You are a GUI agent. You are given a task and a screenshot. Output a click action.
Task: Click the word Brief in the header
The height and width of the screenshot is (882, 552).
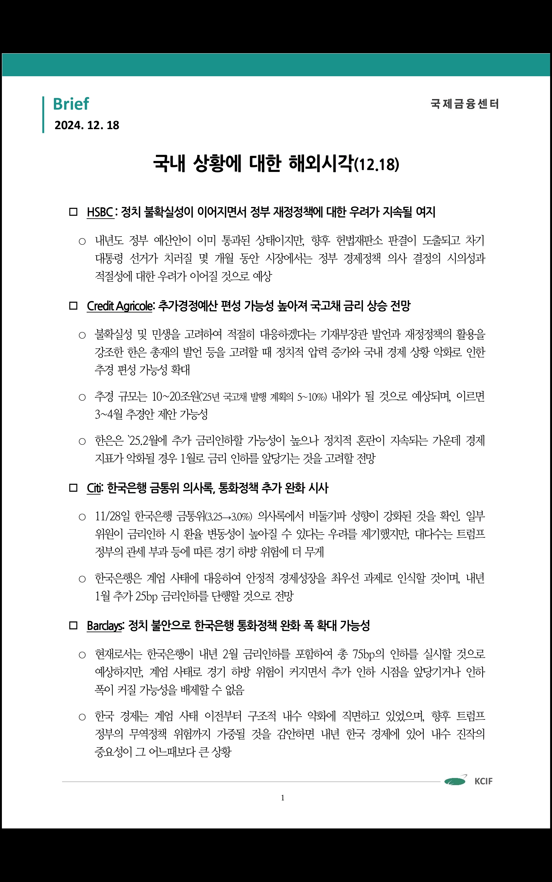click(x=71, y=104)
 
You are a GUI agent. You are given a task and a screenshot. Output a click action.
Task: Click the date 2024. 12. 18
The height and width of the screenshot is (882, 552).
click(x=87, y=125)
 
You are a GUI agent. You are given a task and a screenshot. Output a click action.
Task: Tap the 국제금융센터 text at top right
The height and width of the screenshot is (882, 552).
click(x=464, y=104)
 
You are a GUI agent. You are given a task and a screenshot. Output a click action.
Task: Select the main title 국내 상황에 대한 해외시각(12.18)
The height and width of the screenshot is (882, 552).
click(x=276, y=163)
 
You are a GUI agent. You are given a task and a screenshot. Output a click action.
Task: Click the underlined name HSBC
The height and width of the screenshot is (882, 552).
click(x=100, y=212)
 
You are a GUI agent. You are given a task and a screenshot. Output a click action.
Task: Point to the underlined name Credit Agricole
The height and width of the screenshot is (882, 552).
click(x=120, y=306)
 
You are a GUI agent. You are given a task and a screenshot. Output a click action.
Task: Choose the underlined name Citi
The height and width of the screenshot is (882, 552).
click(x=94, y=488)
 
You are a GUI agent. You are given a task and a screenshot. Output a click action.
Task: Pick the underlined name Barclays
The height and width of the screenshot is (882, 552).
click(x=104, y=626)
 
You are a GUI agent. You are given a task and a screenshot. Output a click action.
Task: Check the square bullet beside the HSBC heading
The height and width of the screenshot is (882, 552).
click(x=73, y=212)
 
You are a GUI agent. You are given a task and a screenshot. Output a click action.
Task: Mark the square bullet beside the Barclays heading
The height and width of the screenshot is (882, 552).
click(x=73, y=626)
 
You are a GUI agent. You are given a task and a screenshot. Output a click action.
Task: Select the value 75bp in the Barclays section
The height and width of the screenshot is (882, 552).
click(x=364, y=654)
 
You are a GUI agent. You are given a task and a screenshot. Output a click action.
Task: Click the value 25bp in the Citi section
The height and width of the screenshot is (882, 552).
click(x=147, y=596)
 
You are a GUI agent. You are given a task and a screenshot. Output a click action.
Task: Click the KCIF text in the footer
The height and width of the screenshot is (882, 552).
click(x=483, y=781)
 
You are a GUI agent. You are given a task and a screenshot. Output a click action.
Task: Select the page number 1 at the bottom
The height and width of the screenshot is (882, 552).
click(x=283, y=798)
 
